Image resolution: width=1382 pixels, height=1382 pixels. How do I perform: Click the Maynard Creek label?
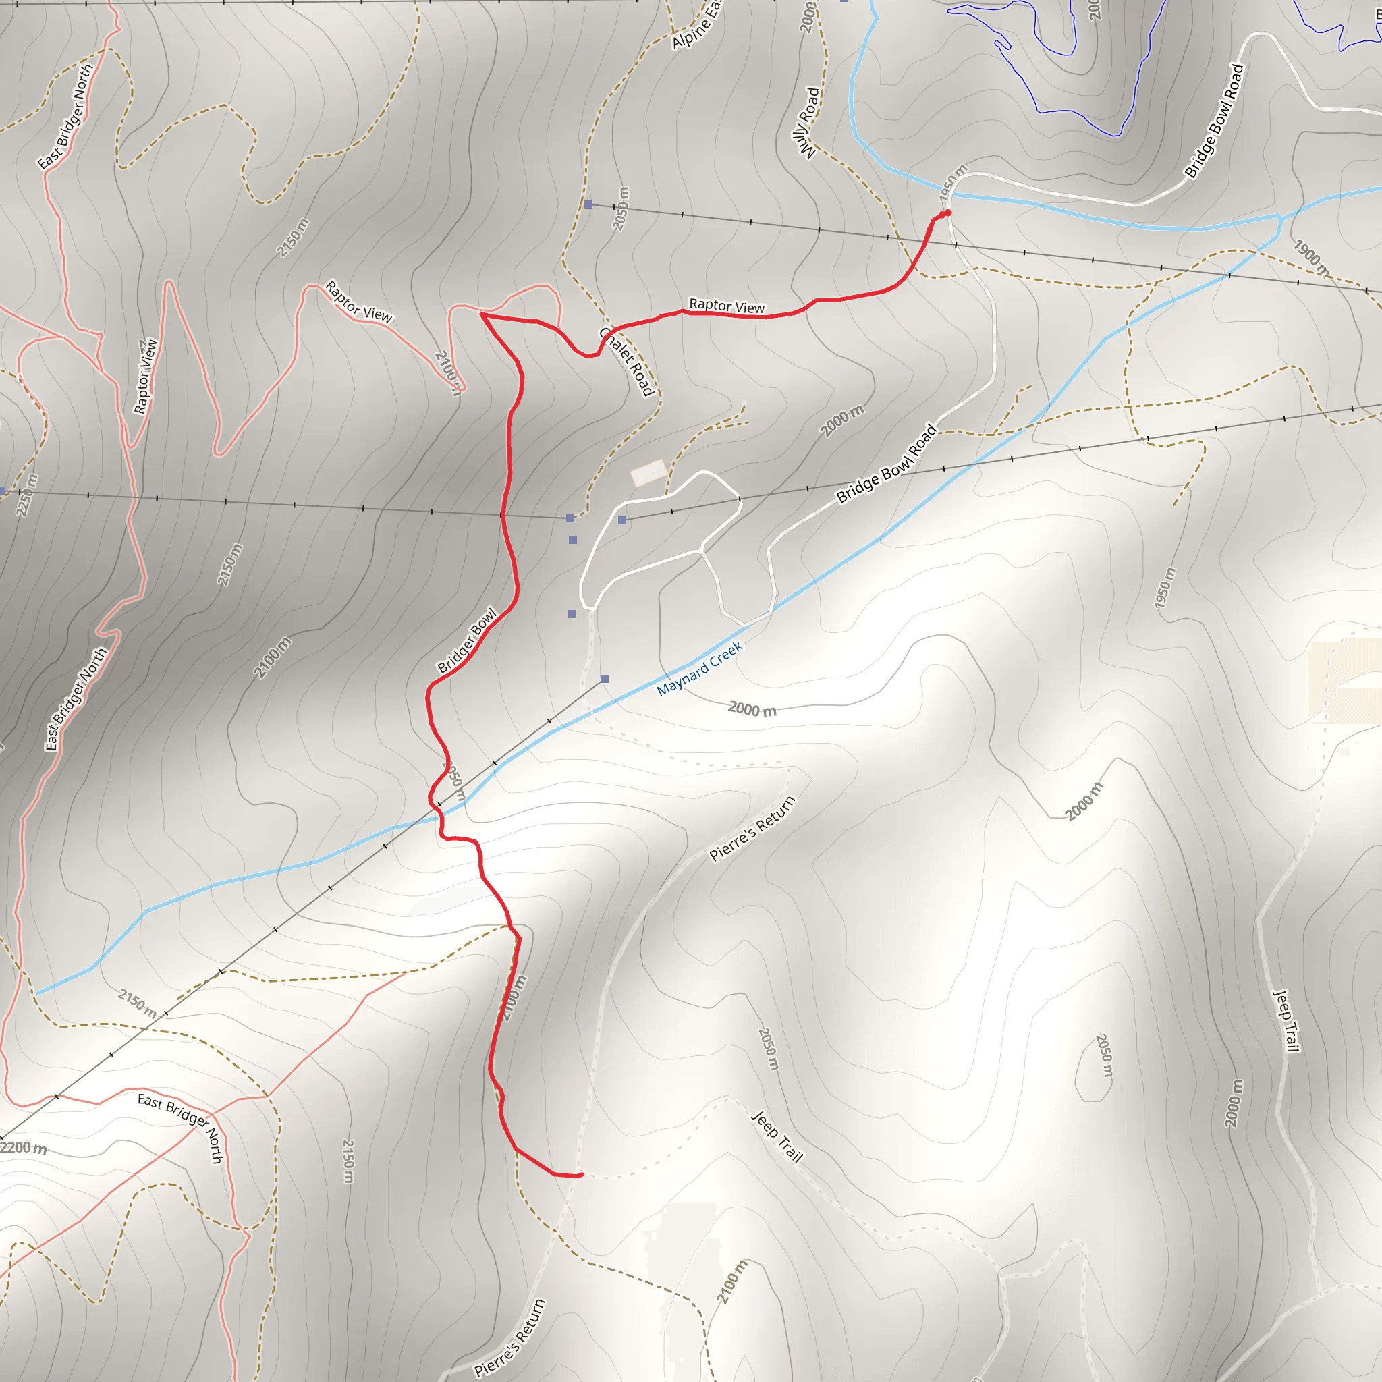[700, 669]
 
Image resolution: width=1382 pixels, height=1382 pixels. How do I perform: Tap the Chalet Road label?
[627, 362]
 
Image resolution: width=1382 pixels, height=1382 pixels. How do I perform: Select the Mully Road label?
[808, 122]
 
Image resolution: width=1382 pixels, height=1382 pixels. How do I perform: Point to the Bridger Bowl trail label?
[467, 641]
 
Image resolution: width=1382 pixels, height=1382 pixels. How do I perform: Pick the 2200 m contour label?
[24, 1148]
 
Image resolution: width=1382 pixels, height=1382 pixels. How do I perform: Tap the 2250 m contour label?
[26, 495]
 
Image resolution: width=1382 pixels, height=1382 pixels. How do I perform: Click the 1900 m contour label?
[1311, 258]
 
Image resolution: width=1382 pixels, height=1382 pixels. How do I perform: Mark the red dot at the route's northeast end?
[948, 213]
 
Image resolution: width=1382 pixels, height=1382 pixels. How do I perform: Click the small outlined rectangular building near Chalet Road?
[648, 473]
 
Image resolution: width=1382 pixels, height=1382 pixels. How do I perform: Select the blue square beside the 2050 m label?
[588, 204]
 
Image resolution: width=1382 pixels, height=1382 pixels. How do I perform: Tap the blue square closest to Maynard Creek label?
[605, 679]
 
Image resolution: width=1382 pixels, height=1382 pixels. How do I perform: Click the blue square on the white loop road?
[622, 520]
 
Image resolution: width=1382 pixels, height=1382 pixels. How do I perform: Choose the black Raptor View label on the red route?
[726, 306]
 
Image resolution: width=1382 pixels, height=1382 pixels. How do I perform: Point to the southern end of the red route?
[581, 1175]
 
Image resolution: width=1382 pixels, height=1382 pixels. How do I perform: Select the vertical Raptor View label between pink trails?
[145, 377]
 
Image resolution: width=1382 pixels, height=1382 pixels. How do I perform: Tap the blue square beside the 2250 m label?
[3, 491]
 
